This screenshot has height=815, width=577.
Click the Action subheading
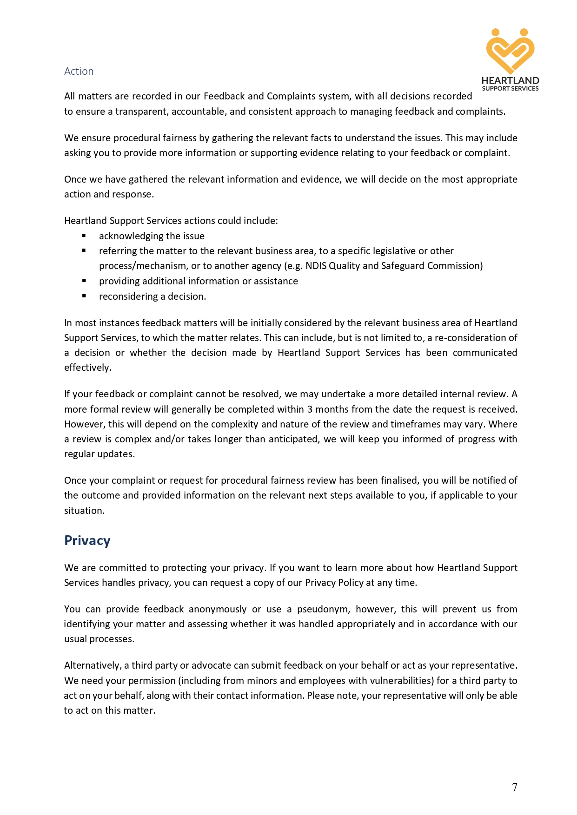click(79, 71)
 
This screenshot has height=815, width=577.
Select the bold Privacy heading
click(87, 540)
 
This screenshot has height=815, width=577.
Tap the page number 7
click(515, 787)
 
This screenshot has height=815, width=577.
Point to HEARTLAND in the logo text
click(510, 80)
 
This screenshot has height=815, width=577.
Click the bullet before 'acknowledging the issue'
click(84, 236)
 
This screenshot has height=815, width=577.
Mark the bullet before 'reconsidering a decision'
click(84, 296)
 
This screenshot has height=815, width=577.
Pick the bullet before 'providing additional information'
click(84, 281)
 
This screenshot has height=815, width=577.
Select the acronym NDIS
click(316, 266)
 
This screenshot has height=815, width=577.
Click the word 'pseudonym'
click(323, 609)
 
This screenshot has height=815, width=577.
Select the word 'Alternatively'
click(93, 665)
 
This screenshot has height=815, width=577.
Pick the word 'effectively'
click(87, 368)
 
